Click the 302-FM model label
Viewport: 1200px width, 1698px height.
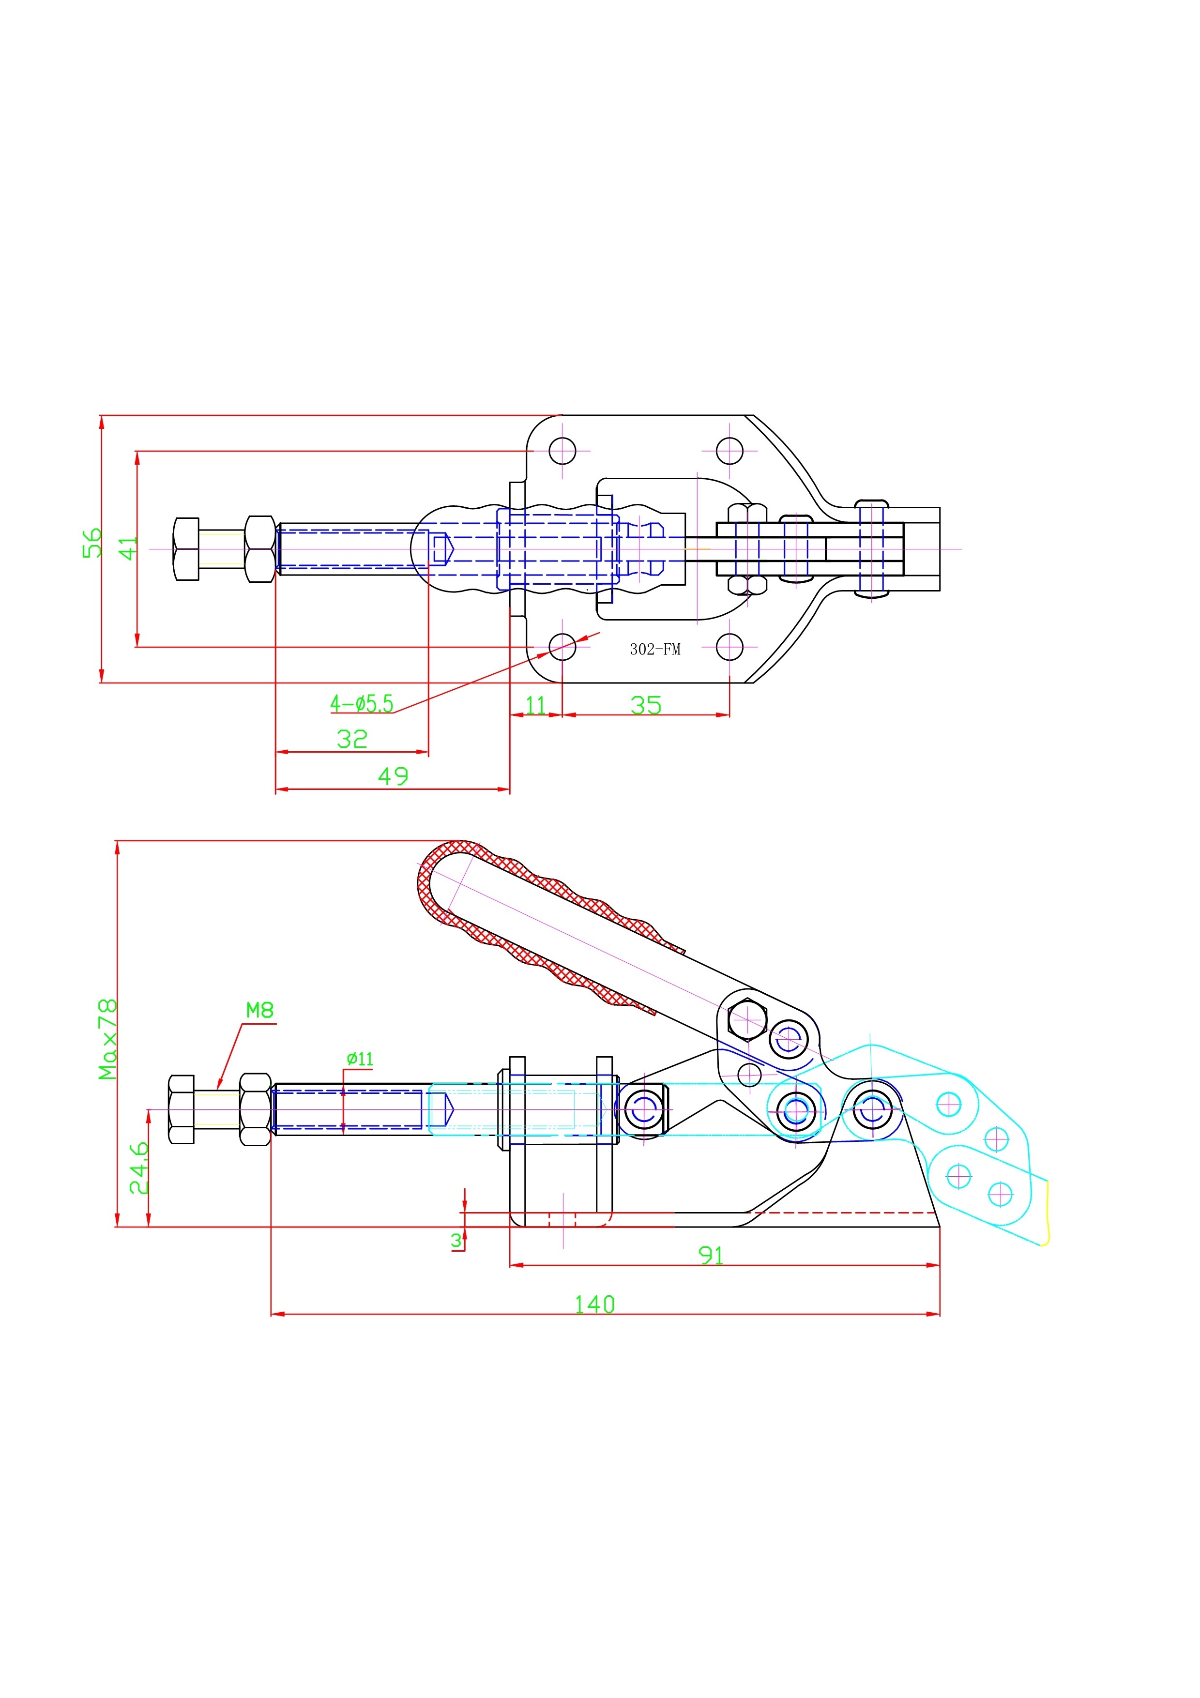click(x=655, y=649)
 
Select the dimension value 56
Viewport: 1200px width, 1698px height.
click(x=91, y=543)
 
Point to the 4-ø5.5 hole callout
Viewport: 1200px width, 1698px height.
click(x=362, y=703)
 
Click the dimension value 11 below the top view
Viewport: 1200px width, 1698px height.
click(x=535, y=705)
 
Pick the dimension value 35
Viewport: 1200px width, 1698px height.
click(x=646, y=705)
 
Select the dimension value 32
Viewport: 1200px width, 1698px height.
click(x=352, y=739)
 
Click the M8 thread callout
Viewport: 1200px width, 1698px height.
click(x=259, y=1010)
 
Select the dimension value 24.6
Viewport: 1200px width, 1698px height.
click(x=139, y=1168)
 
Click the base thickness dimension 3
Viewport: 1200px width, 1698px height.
click(x=456, y=1240)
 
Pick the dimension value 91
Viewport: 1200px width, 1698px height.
click(x=711, y=1255)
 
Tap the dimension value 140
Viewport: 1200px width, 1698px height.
click(x=594, y=1304)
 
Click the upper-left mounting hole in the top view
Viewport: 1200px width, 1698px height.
click(x=562, y=450)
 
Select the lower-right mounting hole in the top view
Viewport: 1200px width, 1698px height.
click(x=730, y=646)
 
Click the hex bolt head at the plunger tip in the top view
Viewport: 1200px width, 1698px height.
click(x=186, y=549)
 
